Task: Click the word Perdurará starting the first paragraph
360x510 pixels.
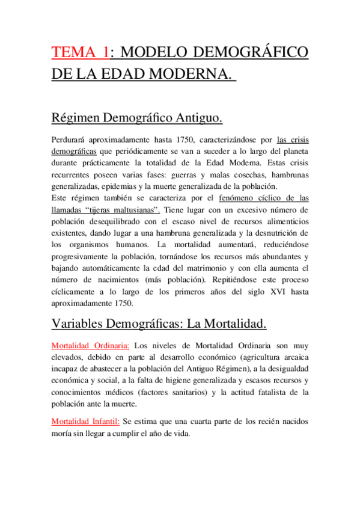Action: pos(71,140)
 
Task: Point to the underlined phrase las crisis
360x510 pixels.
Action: pos(293,140)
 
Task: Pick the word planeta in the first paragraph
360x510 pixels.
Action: pos(293,152)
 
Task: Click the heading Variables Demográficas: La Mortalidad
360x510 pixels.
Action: pos(159,324)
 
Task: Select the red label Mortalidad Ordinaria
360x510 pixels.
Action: pos(90,346)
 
